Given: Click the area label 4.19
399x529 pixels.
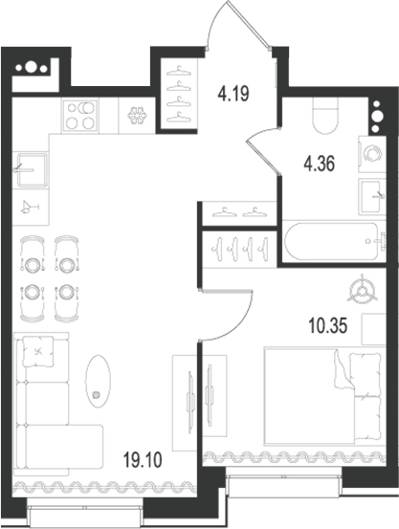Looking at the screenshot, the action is click(x=233, y=94).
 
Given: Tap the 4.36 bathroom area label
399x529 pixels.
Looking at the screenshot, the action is click(x=319, y=165).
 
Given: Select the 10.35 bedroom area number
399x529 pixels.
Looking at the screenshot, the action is click(x=328, y=326).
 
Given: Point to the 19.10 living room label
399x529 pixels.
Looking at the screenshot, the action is click(x=143, y=460).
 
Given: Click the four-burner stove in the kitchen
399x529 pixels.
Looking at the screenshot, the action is click(x=80, y=116).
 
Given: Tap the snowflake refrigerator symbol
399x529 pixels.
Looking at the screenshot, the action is click(x=138, y=116).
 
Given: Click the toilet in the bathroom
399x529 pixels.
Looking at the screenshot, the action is click(x=324, y=116).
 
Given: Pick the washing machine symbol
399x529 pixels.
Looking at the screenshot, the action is click(x=372, y=154).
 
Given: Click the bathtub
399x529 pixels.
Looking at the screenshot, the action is click(x=334, y=242).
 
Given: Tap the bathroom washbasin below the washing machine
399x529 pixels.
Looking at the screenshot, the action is click(x=372, y=197).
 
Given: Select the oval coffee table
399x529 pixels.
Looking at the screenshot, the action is click(x=98, y=381).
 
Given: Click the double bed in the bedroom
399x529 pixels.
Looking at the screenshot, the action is click(x=324, y=396).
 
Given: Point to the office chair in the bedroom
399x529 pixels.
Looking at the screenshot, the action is click(x=362, y=290).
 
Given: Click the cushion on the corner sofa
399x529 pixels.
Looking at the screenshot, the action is click(x=38, y=351).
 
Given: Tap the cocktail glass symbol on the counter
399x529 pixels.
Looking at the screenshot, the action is click(x=30, y=208).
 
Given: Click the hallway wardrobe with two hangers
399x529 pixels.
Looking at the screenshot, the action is click(x=239, y=213).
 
